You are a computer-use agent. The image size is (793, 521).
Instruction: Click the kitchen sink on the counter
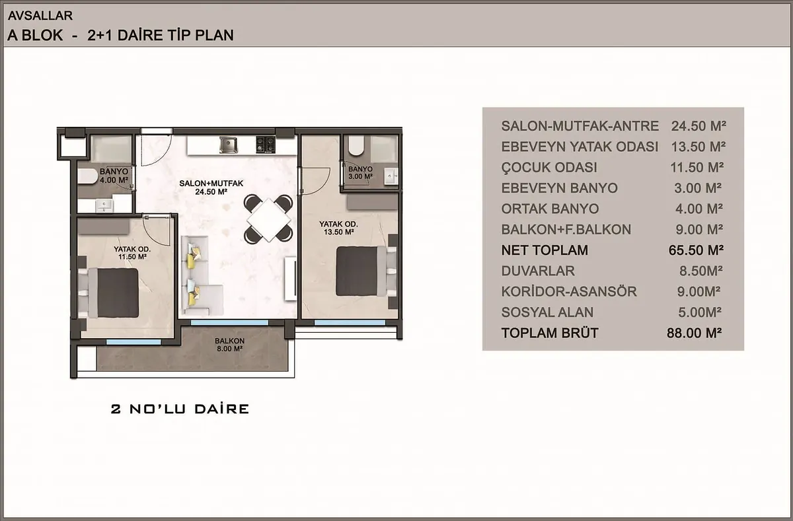pos(229,145)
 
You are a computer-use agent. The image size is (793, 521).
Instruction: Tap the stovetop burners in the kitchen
pos(266,145)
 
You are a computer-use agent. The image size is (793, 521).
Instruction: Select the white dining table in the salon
pos(268,219)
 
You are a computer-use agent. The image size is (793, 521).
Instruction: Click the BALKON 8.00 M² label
pos(229,345)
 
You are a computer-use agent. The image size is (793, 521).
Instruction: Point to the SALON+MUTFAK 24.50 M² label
pos(211,188)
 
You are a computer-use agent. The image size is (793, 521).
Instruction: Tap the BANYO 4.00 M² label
pos(114,176)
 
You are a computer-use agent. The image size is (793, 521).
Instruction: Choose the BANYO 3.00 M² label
pos(360,172)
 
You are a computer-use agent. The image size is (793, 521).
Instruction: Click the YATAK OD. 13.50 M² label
pos(338,228)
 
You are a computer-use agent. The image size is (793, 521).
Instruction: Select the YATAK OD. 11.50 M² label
pos(132,253)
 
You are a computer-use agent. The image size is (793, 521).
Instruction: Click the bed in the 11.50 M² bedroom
pos(108,293)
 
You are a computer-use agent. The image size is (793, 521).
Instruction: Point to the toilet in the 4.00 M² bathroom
pos(87,176)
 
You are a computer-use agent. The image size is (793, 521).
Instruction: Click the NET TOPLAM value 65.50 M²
pos(696,250)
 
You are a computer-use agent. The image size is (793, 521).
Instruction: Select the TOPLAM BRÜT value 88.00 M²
pos(695,333)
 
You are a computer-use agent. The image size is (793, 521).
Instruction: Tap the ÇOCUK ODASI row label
pos(549,167)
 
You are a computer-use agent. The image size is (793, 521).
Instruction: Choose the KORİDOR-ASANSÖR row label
pos(569,291)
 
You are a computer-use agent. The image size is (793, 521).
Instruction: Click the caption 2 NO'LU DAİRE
pos(180,409)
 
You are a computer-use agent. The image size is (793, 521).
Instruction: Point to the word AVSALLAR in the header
pos(40,16)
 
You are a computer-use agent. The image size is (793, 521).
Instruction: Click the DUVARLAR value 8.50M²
pos(701,271)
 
